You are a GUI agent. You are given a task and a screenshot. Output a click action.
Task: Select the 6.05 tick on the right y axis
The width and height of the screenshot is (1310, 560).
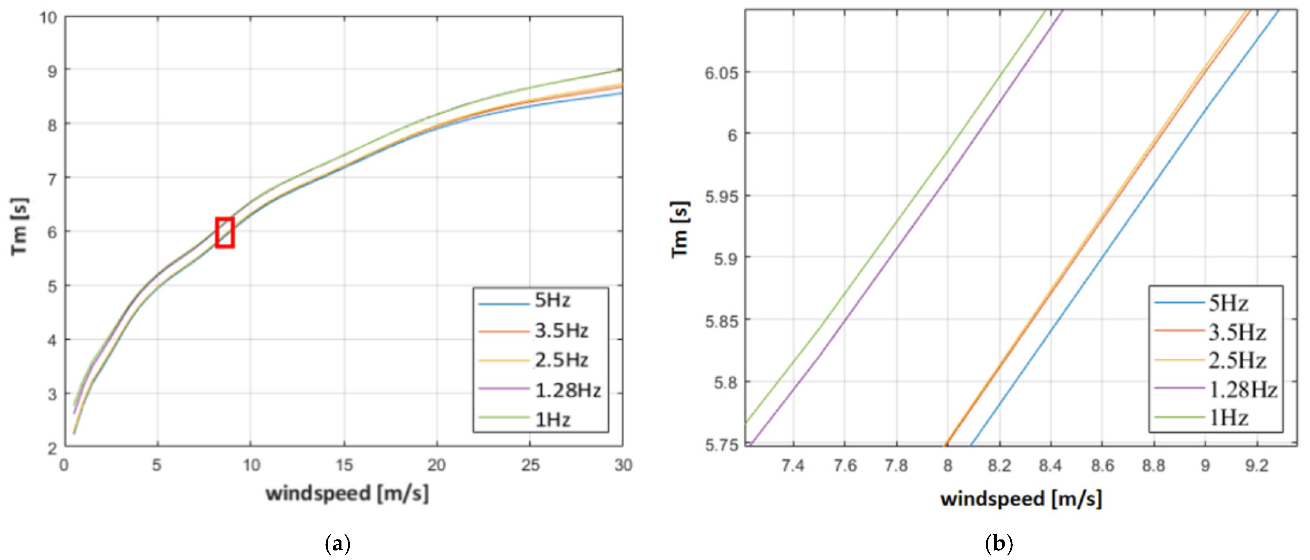click(x=721, y=73)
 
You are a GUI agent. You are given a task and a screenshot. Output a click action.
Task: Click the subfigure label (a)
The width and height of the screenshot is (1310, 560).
click(x=337, y=544)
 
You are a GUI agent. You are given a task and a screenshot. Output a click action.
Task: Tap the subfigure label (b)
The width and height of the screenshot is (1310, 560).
click(x=999, y=544)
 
